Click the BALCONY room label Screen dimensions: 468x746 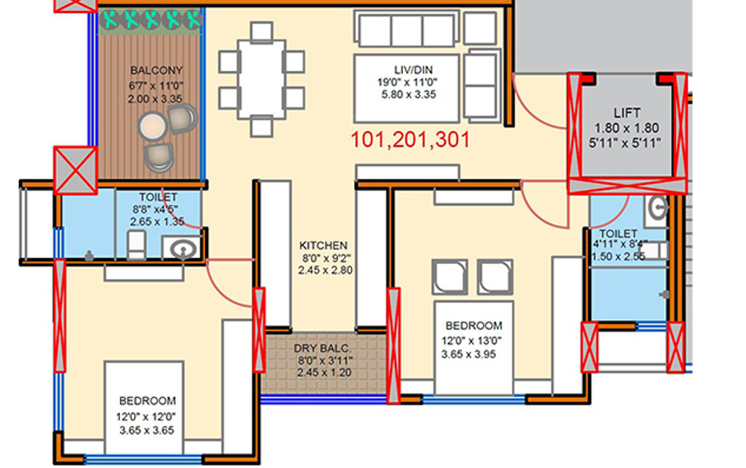point(155,71)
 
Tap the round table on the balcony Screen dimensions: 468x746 point(151,126)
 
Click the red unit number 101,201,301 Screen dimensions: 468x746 point(410,140)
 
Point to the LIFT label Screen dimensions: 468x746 point(627,113)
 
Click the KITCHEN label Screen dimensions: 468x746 point(322,245)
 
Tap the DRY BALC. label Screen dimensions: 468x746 point(323,348)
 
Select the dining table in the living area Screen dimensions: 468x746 point(262,80)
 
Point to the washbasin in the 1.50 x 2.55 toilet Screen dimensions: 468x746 point(658,208)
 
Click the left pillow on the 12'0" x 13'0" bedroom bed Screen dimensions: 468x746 point(449,277)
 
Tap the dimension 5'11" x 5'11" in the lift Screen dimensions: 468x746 point(627,141)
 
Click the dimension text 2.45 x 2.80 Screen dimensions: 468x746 point(325,269)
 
